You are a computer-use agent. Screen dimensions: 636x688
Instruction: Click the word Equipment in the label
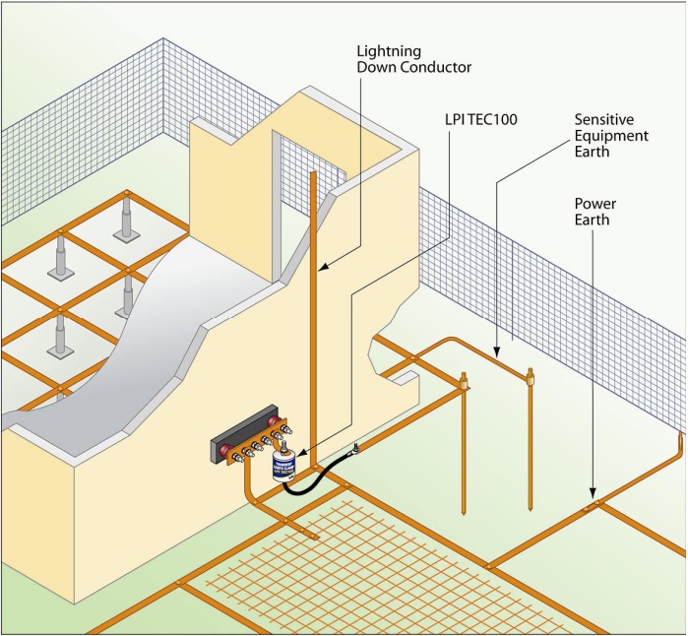pos(611,136)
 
